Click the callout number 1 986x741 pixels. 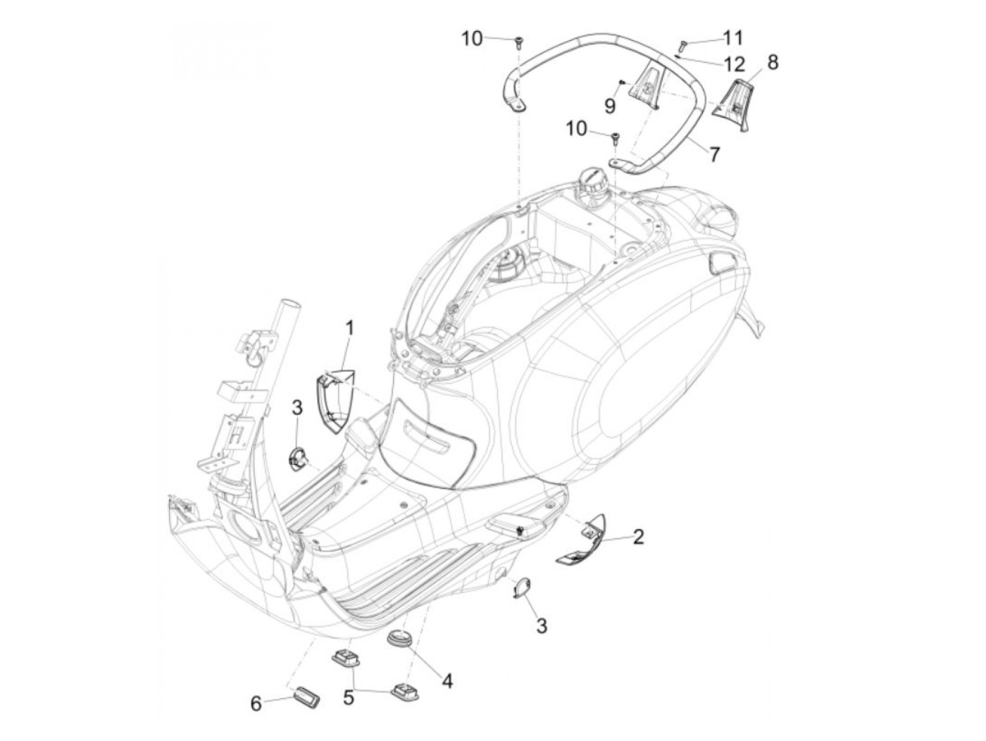350,328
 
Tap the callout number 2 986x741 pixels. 638,537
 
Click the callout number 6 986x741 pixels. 256,703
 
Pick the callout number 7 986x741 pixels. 715,153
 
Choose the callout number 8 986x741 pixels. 773,63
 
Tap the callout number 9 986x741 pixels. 610,105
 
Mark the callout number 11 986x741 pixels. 733,37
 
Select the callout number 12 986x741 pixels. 733,65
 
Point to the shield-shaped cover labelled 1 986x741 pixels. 335,401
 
